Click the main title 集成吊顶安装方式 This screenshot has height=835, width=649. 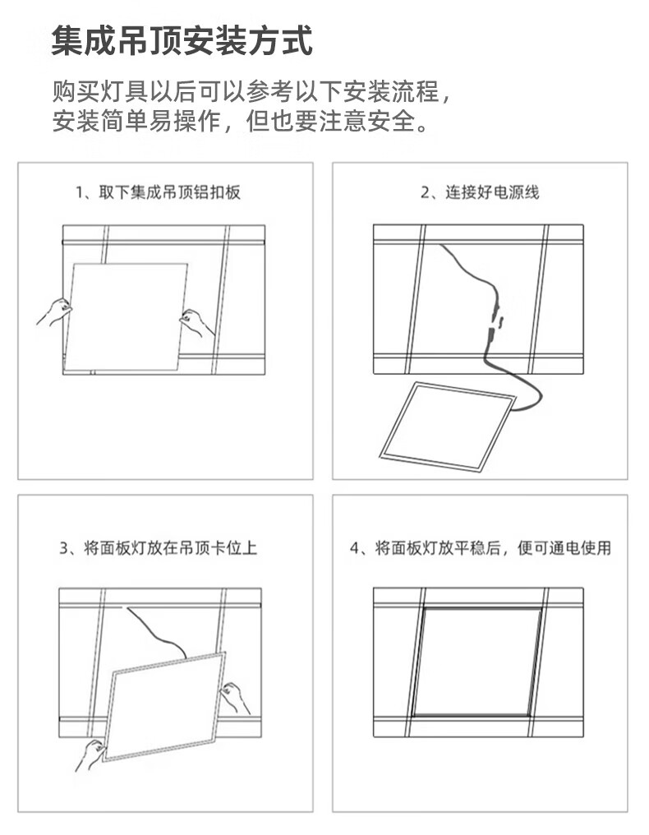tap(182, 41)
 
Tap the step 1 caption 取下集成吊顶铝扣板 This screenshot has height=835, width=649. tap(169, 192)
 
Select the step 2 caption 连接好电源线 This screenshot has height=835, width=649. tap(492, 192)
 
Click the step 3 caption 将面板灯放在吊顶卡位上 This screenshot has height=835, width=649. tap(170, 548)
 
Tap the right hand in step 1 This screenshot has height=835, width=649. tap(196, 323)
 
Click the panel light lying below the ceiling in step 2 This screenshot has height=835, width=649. tap(448, 426)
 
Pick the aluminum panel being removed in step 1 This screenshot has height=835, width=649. tap(126, 317)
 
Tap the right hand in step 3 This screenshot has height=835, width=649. tap(235, 698)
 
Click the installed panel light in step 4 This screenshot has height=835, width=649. tap(477, 662)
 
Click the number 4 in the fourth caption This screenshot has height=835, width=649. tap(355, 548)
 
